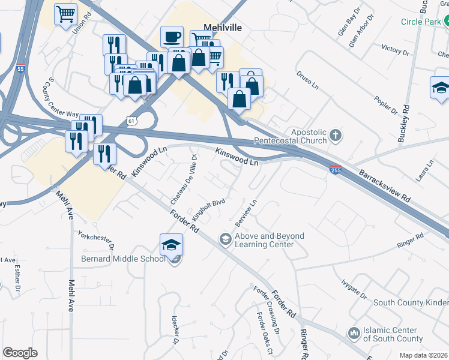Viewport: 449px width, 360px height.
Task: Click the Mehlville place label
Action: tap(222, 27)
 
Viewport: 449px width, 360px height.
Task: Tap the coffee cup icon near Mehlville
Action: tap(172, 37)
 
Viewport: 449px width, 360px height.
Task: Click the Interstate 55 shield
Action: tap(21, 69)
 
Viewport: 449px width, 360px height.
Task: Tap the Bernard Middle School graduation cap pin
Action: tap(171, 245)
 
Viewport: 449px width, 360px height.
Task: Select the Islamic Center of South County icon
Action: tap(354, 332)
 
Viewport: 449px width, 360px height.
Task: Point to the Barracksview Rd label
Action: tap(385, 187)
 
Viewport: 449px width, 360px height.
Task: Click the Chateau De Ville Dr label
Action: tap(184, 178)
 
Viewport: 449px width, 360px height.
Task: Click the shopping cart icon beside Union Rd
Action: tap(65, 13)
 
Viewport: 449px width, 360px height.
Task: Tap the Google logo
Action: tap(20, 353)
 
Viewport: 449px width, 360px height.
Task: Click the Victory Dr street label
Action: tap(394, 49)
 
